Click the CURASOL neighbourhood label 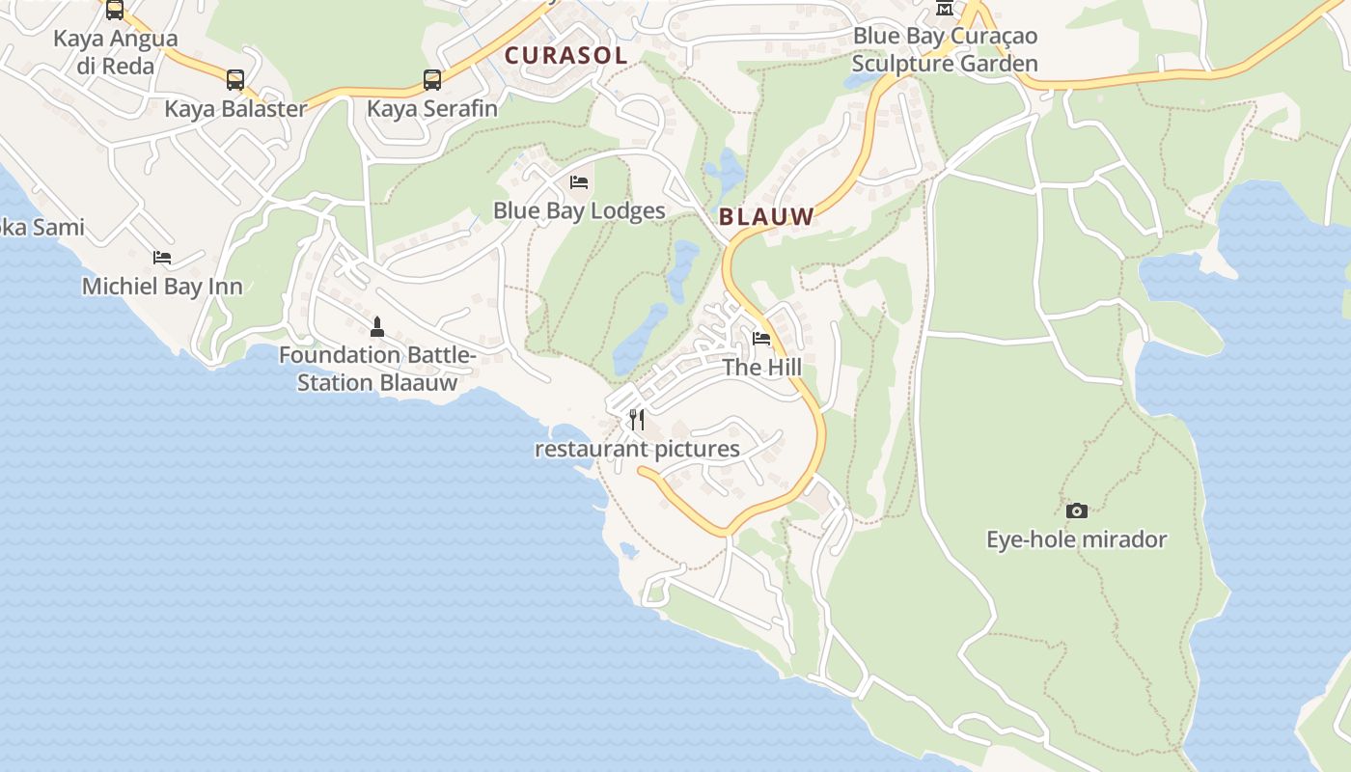click(566, 56)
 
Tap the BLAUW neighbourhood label click(767, 217)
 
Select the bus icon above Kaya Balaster click(235, 80)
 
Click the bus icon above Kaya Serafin click(432, 80)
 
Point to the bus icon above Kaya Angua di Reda click(115, 11)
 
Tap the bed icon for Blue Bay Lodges click(579, 181)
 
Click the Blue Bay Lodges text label click(579, 210)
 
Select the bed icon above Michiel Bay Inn click(162, 258)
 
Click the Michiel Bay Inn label click(162, 287)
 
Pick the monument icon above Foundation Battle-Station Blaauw click(377, 327)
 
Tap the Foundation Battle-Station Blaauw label click(377, 369)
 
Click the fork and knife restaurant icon click(637, 420)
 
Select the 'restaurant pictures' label click(637, 449)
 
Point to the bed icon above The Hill click(761, 339)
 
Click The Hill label click(761, 368)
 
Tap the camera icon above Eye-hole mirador click(1077, 510)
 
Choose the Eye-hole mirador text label click(1077, 539)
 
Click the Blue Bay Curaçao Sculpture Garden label click(946, 50)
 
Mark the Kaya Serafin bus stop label click(432, 108)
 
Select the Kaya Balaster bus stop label click(235, 108)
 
